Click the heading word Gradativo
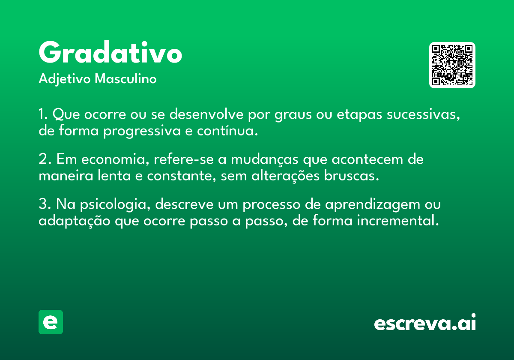point(111,52)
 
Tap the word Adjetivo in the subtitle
point(65,79)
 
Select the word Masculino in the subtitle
point(126,78)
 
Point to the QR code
point(452,65)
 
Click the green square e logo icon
point(51,322)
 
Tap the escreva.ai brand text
point(425,322)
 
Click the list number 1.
point(43,114)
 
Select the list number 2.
point(45,159)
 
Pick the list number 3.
point(45,204)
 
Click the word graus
point(293,115)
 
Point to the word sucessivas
point(423,114)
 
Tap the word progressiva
point(142,131)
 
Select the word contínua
point(227,130)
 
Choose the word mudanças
point(265,159)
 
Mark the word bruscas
point(351,175)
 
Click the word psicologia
point(115,204)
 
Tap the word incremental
point(398,220)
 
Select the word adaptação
point(75,221)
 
